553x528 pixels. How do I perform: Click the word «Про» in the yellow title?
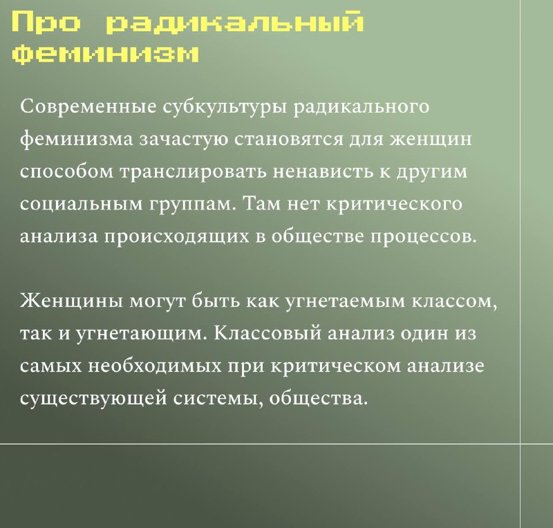(46, 22)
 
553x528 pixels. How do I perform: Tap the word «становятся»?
(289, 139)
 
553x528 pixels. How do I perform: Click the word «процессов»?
(423, 237)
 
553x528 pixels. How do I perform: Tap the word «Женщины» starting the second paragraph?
(72, 301)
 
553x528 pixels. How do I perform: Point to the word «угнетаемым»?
(344, 302)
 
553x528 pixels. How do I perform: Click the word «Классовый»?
(268, 333)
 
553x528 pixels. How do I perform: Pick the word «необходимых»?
(155, 366)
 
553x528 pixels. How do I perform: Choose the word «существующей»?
(93, 399)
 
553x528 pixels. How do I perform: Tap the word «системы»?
(218, 399)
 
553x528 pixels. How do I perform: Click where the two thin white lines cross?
(521, 444)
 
